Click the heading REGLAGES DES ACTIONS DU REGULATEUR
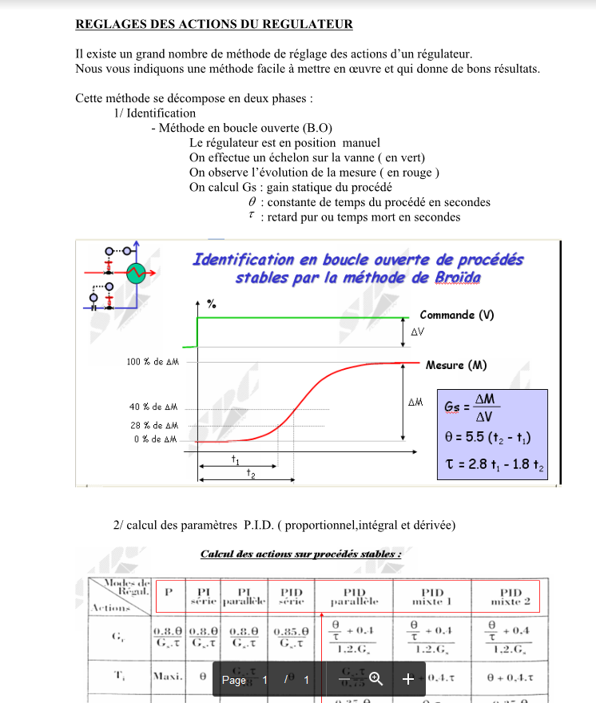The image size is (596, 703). [213, 24]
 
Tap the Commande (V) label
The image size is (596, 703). [457, 315]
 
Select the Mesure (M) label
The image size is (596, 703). [456, 365]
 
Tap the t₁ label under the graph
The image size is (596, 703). [236, 459]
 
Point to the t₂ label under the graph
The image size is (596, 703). [251, 474]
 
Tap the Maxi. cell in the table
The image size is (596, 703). [168, 676]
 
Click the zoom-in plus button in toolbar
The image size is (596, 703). [407, 679]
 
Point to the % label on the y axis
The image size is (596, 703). [211, 304]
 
